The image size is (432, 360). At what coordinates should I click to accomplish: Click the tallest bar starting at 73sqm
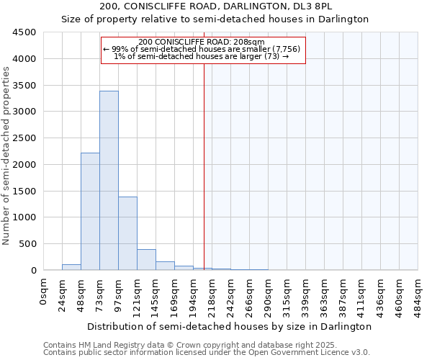tap(109, 180)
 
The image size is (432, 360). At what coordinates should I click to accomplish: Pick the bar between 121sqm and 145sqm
tap(146, 260)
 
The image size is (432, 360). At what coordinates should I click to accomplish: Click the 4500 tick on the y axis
tap(24, 32)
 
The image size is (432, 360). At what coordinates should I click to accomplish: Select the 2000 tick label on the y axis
tap(24, 165)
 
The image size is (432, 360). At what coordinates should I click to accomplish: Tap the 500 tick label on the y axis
tap(27, 244)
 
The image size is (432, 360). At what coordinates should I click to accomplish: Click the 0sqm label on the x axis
tap(44, 291)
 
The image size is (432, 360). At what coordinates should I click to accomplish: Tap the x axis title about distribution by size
tap(230, 326)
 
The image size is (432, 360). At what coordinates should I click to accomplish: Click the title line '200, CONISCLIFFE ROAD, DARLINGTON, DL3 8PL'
tap(230, 6)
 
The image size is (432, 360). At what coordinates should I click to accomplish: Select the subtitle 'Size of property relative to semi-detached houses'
tap(230, 19)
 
